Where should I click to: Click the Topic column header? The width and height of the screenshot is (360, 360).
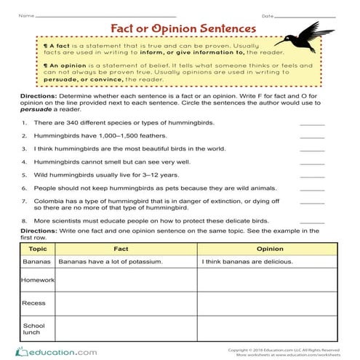pyautogui.click(x=36, y=249)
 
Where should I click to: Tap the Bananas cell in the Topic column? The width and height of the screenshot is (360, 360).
pyautogui.click(x=36, y=260)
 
